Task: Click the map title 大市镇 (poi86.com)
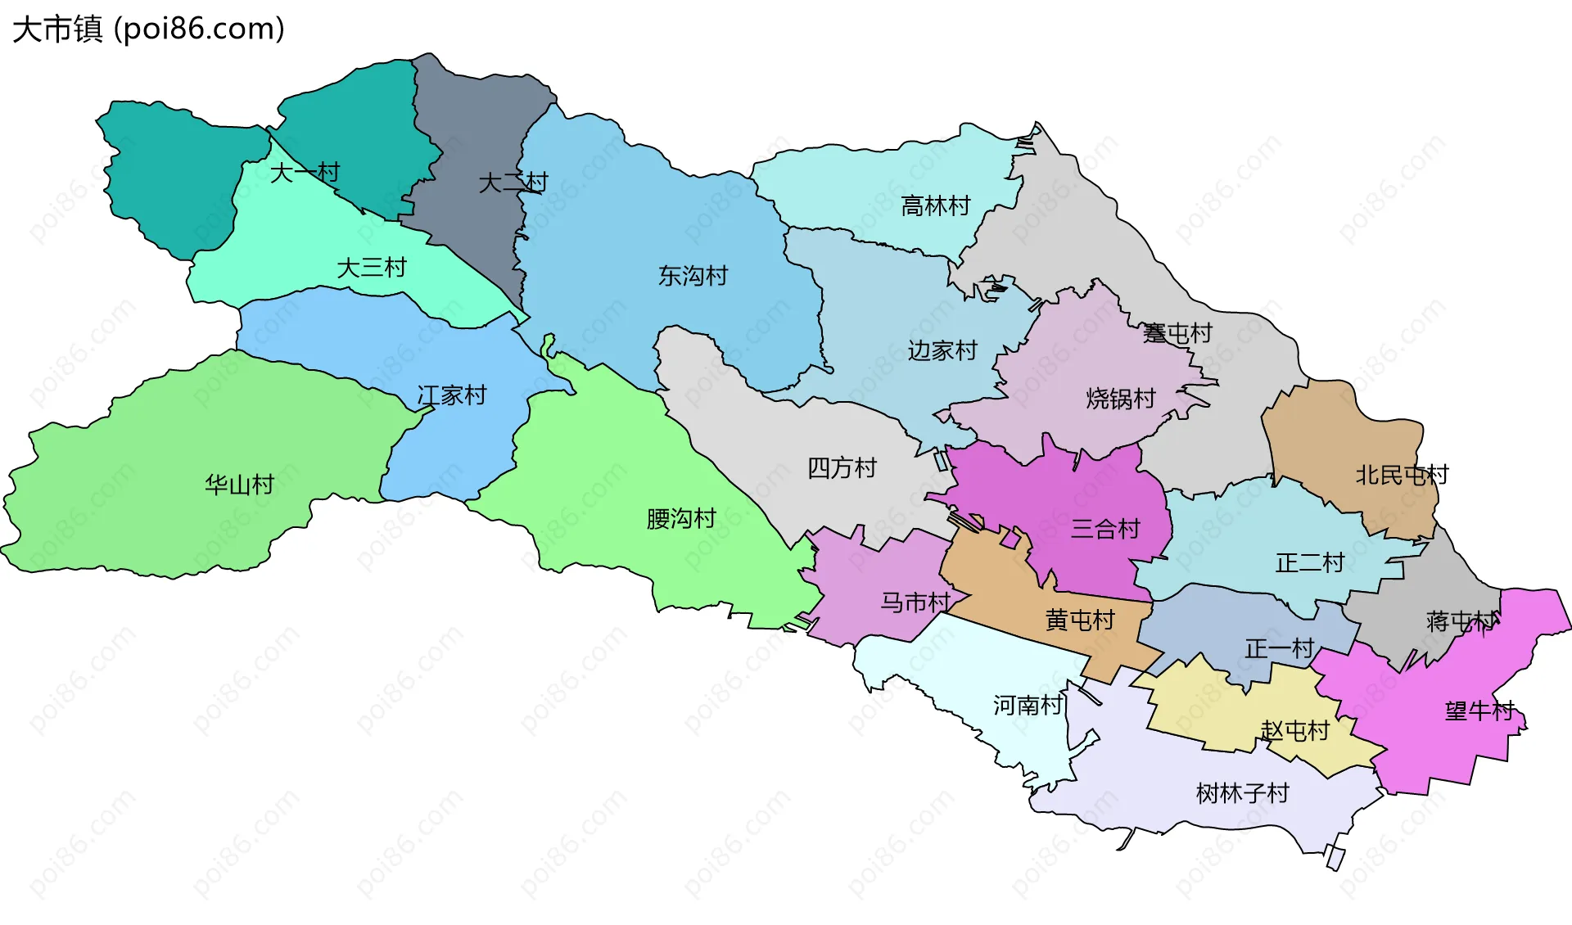click(148, 29)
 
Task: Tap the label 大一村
click(305, 173)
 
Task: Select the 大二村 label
click(513, 182)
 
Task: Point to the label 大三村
click(372, 268)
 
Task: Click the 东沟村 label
click(693, 276)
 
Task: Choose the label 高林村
click(935, 205)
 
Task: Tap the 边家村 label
click(942, 350)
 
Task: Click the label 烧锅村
click(1120, 399)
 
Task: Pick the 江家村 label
click(452, 395)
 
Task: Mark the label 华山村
click(239, 485)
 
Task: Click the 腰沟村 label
click(681, 518)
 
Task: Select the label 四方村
click(842, 467)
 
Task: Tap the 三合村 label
click(1105, 529)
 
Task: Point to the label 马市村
click(915, 602)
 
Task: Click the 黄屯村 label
click(1080, 620)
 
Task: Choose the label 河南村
click(1028, 705)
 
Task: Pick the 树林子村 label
click(1242, 792)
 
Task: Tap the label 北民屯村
click(1402, 475)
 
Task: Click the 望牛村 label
click(1479, 711)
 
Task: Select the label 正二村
click(1310, 562)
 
